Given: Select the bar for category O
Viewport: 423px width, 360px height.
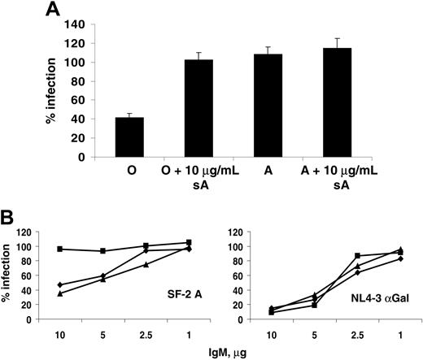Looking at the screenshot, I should (129, 137).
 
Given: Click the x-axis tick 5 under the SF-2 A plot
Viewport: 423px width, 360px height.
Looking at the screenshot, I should (102, 333).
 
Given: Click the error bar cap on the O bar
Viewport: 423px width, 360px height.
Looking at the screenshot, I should (129, 113).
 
